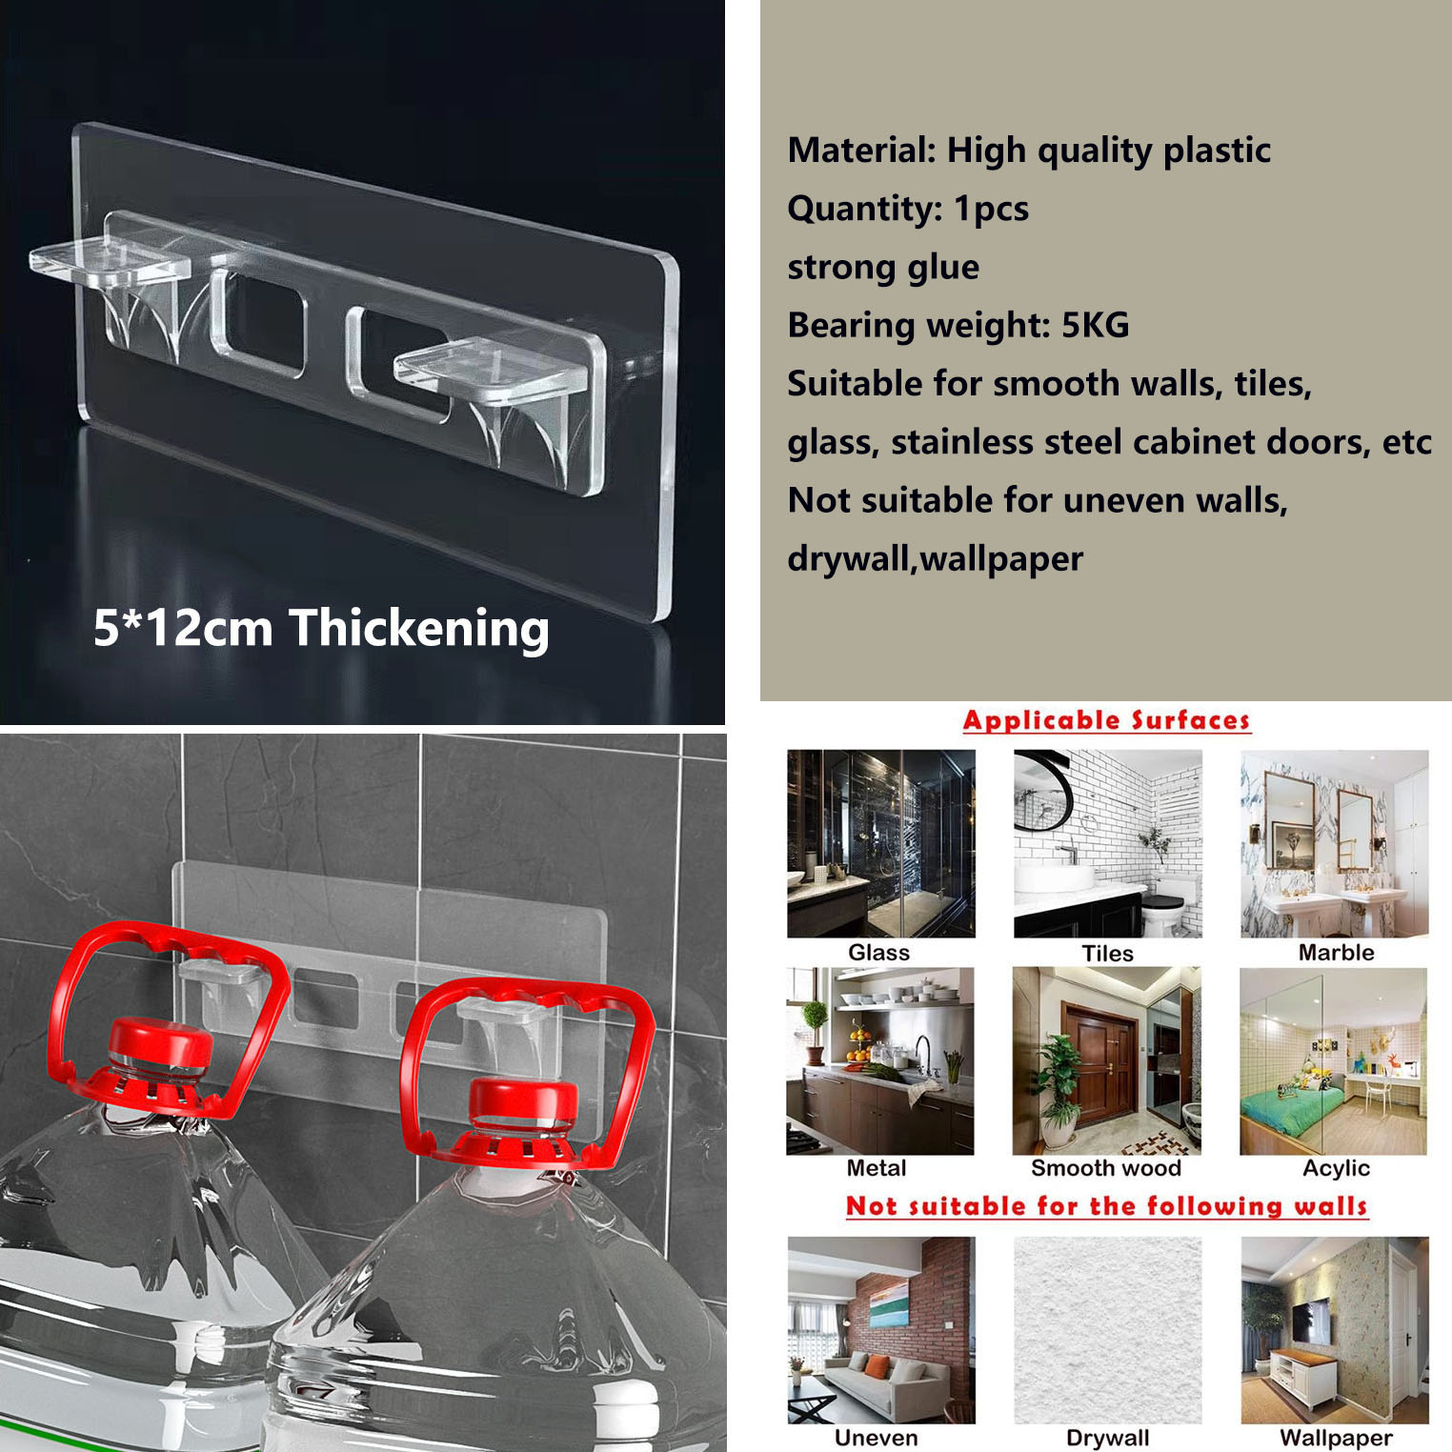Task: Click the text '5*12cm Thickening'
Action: [321, 629]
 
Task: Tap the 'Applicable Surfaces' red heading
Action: [1106, 720]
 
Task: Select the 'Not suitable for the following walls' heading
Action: [1106, 1206]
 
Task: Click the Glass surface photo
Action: [881, 843]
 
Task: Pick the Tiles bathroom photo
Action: [1108, 843]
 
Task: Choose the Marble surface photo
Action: [1335, 843]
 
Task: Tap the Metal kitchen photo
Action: [880, 1061]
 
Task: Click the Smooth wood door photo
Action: [1107, 1061]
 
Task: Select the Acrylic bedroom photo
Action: [1334, 1061]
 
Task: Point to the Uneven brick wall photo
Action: [881, 1330]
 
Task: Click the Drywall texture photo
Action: [1108, 1330]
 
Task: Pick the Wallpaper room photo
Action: [1335, 1330]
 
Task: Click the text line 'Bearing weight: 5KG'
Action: [958, 325]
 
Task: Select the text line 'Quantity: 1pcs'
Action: [908, 209]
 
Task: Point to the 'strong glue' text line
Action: [883, 267]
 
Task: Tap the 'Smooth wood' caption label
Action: [1106, 1168]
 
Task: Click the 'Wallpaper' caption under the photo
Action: [1336, 1438]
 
